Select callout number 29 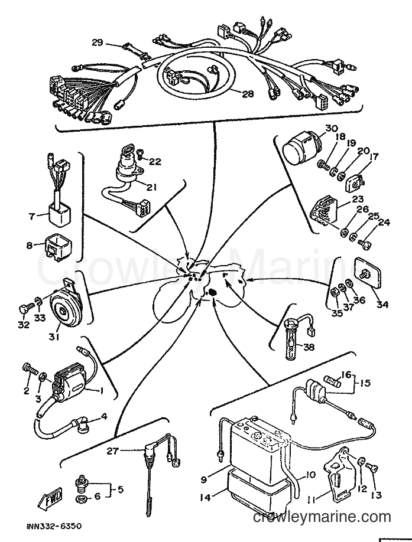click(97, 43)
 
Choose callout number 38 click(309, 347)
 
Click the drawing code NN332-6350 click(54, 527)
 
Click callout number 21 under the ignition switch click(151, 187)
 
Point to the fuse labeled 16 click(333, 381)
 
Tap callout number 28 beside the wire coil click(248, 93)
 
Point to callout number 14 click(205, 498)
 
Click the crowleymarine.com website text click(322, 517)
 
